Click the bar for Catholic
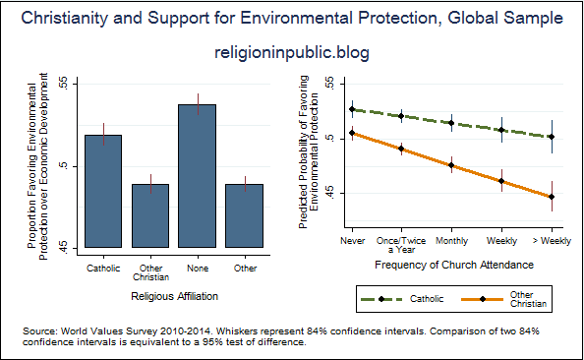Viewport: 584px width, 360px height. click(103, 191)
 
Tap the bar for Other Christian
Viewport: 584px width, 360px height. click(150, 215)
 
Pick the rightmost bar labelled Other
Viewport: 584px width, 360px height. click(244, 215)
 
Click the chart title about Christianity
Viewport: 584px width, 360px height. click(292, 18)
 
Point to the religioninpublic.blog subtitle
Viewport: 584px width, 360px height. click(292, 53)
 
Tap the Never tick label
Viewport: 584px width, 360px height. click(350, 240)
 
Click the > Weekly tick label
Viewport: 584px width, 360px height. click(552, 240)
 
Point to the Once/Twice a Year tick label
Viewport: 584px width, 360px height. click(400, 244)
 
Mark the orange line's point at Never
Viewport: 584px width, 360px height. click(350, 133)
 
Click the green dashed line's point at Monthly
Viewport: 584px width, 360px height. click(451, 123)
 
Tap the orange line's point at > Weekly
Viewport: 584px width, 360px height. click(552, 197)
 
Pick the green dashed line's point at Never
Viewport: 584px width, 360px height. click(350, 109)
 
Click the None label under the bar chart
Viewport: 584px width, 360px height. click(197, 268)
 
